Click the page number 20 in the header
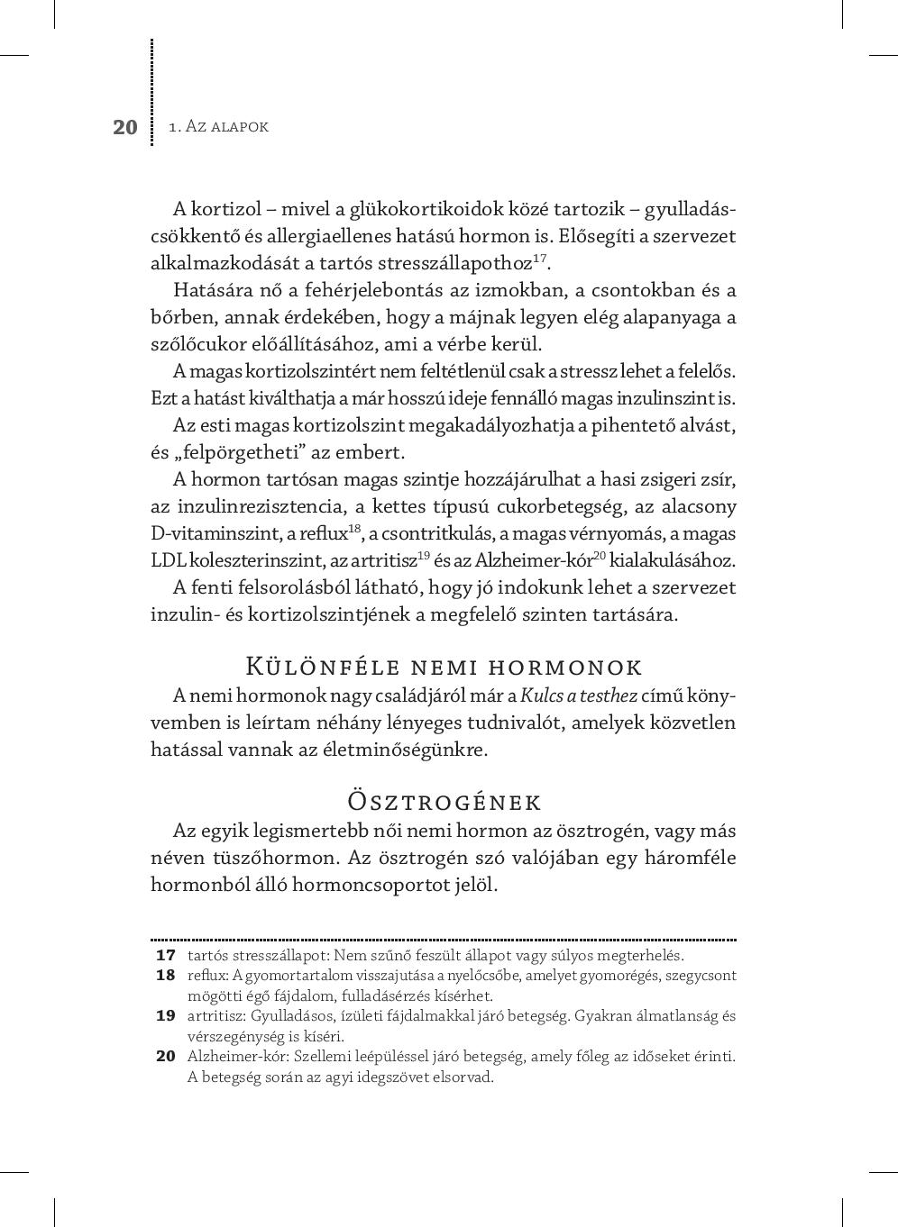pos(125,127)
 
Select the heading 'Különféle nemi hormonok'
pos(444,668)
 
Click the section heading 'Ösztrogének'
pos(444,802)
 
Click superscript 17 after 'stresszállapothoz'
pos(540,259)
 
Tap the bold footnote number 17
pos(165,955)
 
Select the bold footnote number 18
pos(165,975)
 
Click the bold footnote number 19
pos(165,1015)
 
